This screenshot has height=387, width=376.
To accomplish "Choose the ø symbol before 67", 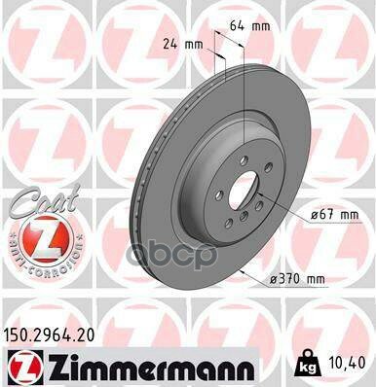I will pyautogui.click(x=312, y=213).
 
